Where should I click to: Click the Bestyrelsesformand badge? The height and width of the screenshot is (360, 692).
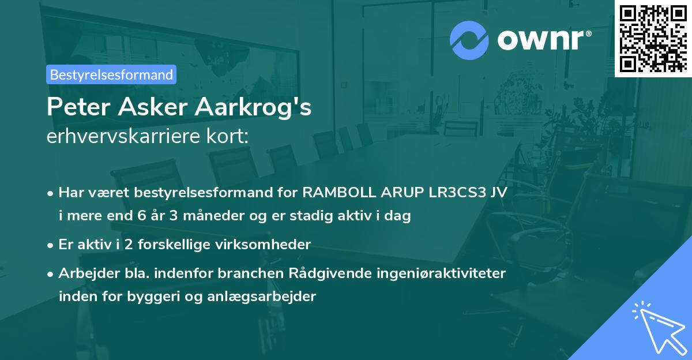tap(111, 74)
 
